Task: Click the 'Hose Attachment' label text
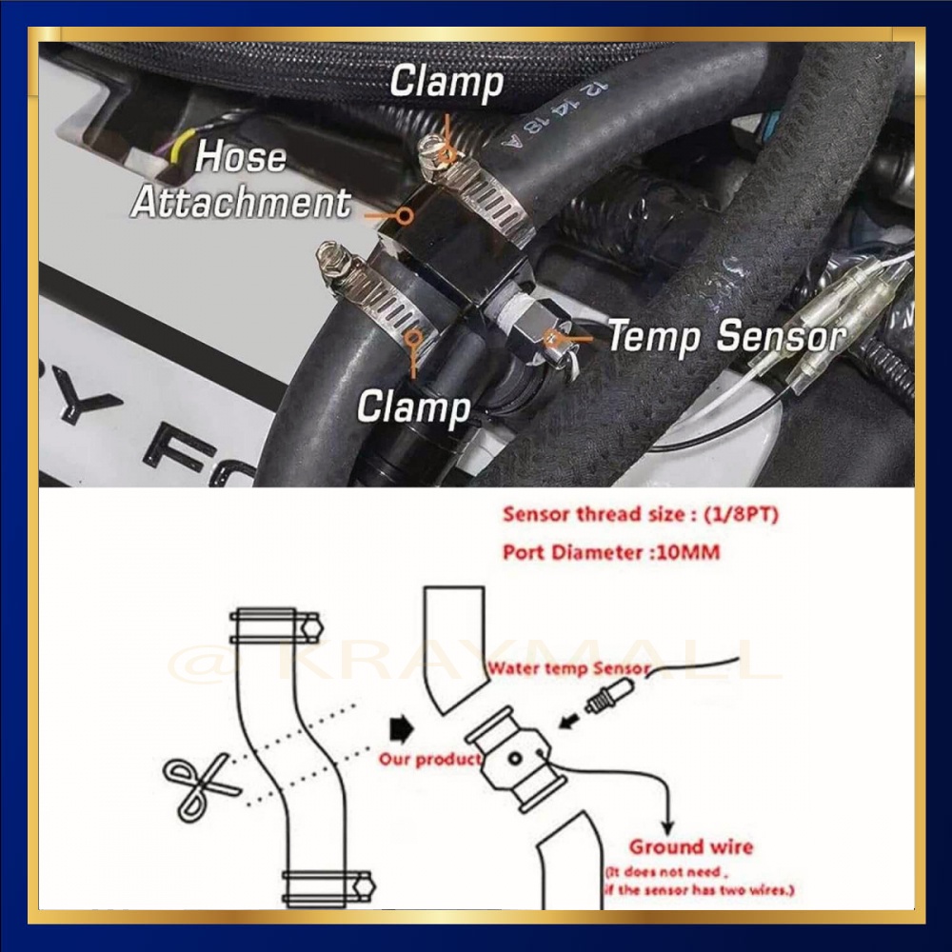240,180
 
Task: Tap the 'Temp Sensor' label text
726,336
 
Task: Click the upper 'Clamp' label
446,83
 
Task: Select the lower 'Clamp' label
413,407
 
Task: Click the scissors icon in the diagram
197,785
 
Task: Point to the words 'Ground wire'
690,846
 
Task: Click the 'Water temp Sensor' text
567,668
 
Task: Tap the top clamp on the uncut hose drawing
276,625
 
